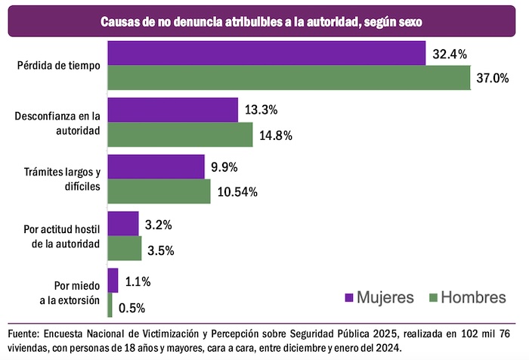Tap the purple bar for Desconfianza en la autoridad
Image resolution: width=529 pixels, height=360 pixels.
[173, 110]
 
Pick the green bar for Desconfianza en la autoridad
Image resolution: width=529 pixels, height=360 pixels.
[180, 135]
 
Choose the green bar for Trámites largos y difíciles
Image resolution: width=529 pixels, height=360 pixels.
[159, 191]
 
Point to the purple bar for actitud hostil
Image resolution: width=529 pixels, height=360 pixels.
[123, 223]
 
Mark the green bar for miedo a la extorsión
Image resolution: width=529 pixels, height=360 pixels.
[110, 305]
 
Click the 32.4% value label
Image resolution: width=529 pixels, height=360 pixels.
[450, 54]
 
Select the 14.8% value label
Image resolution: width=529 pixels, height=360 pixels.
[276, 135]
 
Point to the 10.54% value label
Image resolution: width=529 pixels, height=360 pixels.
[237, 192]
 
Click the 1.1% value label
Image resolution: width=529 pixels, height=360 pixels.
[138, 282]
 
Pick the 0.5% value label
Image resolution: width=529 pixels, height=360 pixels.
[131, 308]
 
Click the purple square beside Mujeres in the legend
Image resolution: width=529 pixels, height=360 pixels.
[349, 297]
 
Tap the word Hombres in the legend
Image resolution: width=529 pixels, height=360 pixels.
[474, 297]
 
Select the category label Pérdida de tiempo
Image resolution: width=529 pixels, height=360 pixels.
[59, 65]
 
